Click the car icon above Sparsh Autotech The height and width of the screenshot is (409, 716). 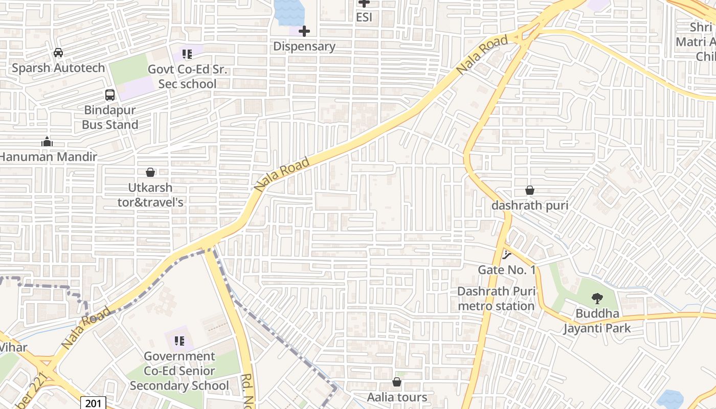[58, 53]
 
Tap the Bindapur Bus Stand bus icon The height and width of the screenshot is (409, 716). [110, 95]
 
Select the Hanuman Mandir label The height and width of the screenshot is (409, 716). [48, 157]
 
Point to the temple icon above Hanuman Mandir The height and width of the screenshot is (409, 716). [47, 142]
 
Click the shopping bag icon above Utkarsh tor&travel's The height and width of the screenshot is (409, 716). [150, 172]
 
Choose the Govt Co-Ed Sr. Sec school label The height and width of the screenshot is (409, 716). [187, 77]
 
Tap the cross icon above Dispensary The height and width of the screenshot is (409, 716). [304, 32]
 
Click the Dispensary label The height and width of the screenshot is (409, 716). [304, 47]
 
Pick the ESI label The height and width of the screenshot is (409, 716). [364, 17]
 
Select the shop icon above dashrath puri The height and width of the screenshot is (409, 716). [530, 190]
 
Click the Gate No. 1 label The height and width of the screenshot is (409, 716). [506, 269]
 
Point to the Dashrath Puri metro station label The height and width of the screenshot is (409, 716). [496, 299]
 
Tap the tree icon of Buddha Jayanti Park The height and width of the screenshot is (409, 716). [597, 299]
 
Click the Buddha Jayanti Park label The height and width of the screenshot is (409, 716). [597, 321]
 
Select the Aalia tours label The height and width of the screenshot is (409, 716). [397, 397]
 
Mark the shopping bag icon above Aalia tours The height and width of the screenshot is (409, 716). [397, 382]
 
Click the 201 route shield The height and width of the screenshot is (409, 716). [94, 403]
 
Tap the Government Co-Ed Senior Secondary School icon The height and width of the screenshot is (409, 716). [179, 340]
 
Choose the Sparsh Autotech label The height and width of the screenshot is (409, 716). [58, 67]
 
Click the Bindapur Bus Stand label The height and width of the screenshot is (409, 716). [110, 117]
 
